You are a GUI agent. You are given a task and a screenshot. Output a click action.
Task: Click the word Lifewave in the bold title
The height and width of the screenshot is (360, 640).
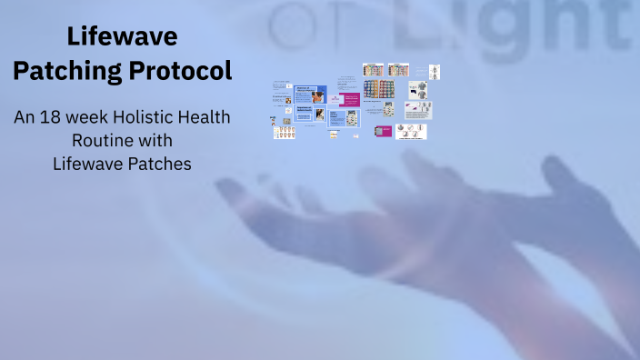pos(122,37)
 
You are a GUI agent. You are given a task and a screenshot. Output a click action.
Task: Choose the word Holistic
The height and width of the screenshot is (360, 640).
pos(147,118)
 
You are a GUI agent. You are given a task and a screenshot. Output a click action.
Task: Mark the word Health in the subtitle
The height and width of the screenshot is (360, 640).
pos(206,118)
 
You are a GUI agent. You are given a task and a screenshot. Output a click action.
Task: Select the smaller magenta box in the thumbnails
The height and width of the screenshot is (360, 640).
pos(383,131)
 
